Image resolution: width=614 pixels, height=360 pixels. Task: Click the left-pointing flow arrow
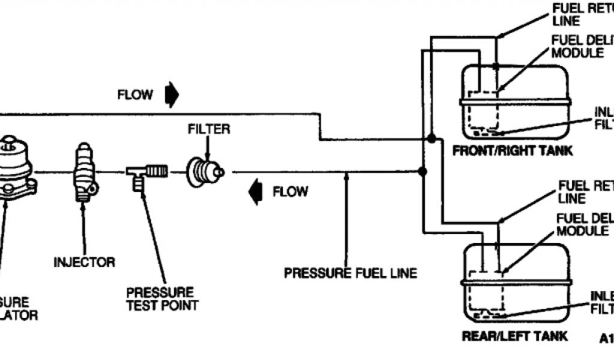[x=256, y=192]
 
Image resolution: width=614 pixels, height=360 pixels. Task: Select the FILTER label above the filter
[x=209, y=129]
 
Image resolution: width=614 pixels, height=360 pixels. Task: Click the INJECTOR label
[x=85, y=262]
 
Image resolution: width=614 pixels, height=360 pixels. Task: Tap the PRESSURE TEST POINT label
[x=160, y=299]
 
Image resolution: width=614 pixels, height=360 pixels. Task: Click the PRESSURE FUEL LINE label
[x=351, y=274]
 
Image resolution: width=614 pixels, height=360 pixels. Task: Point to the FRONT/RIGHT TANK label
[x=512, y=151]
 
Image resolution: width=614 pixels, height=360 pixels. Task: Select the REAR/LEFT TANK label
[x=514, y=336]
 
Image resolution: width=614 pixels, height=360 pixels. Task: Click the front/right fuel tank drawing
[x=513, y=102]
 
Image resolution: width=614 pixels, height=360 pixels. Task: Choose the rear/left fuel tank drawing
[x=513, y=282]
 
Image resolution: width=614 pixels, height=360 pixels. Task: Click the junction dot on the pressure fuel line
[x=423, y=172]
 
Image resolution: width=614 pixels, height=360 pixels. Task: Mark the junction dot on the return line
[x=431, y=139]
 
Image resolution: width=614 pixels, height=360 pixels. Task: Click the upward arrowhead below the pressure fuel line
[x=347, y=177]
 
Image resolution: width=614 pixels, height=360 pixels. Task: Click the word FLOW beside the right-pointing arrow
[x=136, y=95]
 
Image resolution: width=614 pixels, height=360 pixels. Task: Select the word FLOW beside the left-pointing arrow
[x=291, y=192]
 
